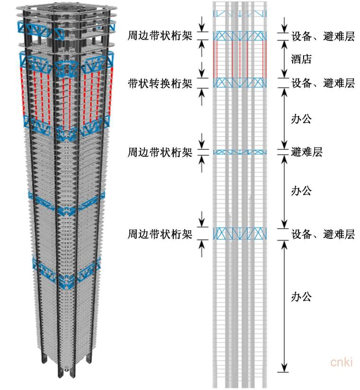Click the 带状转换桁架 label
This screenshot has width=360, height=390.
point(160,83)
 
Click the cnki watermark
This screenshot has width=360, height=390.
point(342,363)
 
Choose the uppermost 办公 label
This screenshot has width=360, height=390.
point(301,118)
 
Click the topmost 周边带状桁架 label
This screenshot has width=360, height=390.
point(160,36)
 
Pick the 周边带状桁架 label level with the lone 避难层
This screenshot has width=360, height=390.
point(160,152)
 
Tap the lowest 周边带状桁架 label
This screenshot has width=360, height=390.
point(160,234)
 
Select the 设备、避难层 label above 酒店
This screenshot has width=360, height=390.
point(323,36)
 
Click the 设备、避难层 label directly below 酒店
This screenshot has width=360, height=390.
point(323,83)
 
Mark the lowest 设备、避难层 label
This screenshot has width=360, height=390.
point(323,234)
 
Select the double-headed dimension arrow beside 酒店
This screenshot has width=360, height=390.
point(284,59)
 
